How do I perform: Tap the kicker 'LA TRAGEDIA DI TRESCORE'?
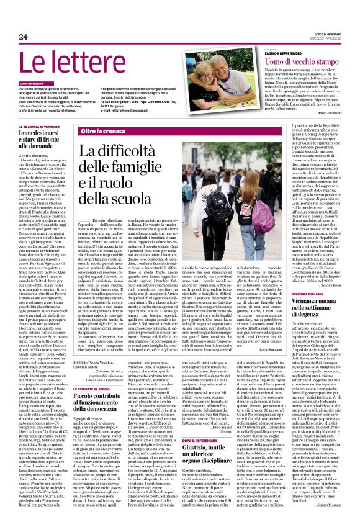pyautogui.click(x=45, y=127)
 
